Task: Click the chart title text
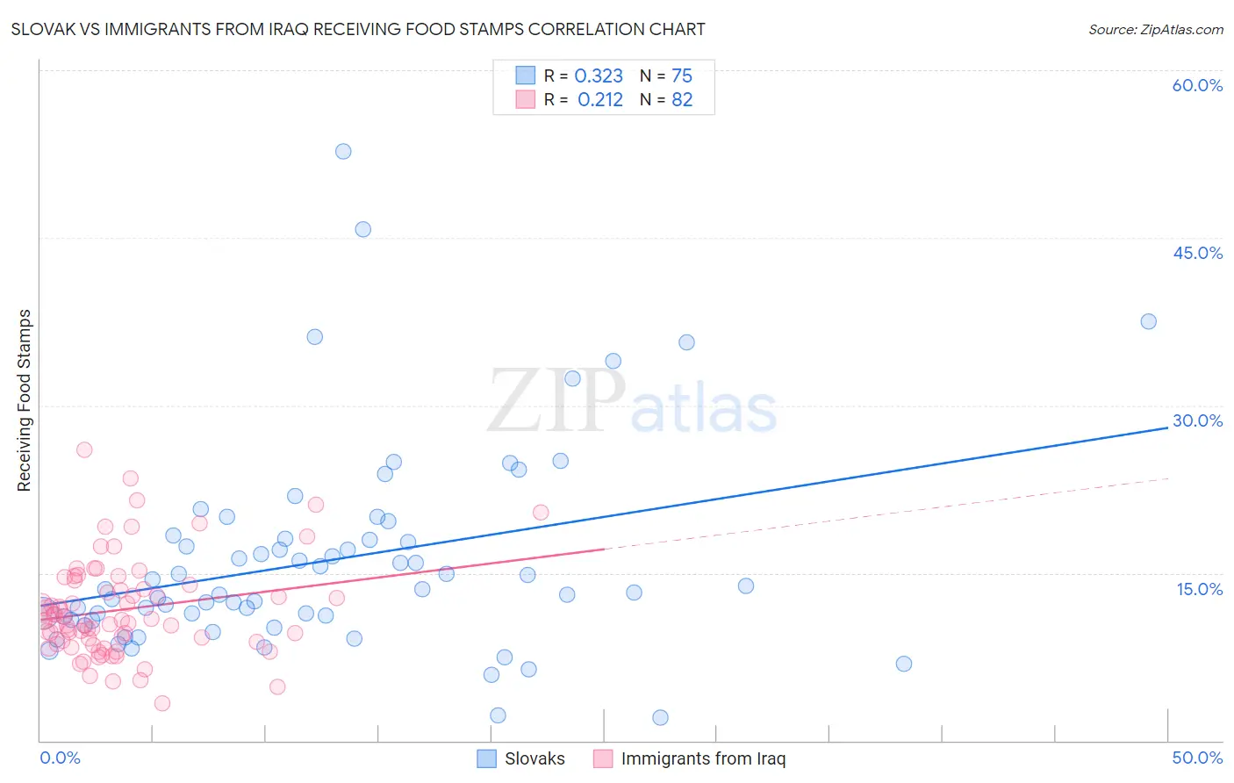pyautogui.click(x=358, y=29)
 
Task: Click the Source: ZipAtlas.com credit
pyautogui.click(x=1155, y=29)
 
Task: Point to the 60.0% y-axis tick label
pyautogui.click(x=1197, y=85)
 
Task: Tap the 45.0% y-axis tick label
pyautogui.click(x=1197, y=253)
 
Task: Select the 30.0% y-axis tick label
pyautogui.click(x=1197, y=420)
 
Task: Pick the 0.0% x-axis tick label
pyautogui.click(x=60, y=758)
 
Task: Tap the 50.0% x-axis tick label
pyautogui.click(x=1197, y=758)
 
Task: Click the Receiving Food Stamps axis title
pyautogui.click(x=24, y=400)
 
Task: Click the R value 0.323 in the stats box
pyautogui.click(x=599, y=76)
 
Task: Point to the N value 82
pyautogui.click(x=682, y=100)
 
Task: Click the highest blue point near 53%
pyautogui.click(x=343, y=151)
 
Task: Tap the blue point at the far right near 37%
pyautogui.click(x=1148, y=321)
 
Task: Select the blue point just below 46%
pyautogui.click(x=362, y=229)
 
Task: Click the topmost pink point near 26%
pyautogui.click(x=84, y=449)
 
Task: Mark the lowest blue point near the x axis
pyautogui.click(x=660, y=717)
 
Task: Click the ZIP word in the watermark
pyautogui.click(x=556, y=401)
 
